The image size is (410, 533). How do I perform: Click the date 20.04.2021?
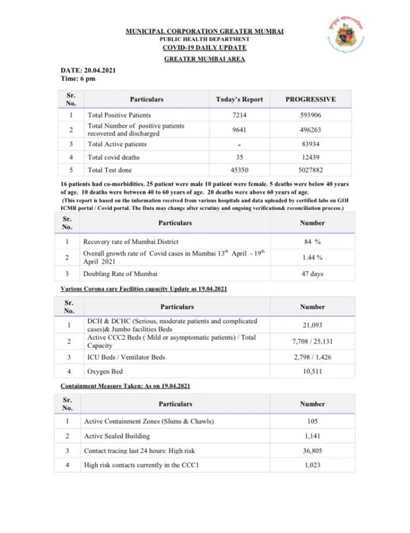[94, 70]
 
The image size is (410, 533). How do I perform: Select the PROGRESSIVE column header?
[311, 99]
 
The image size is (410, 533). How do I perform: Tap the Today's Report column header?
[239, 99]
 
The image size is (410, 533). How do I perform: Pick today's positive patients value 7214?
[239, 115]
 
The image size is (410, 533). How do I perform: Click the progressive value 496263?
[311, 130]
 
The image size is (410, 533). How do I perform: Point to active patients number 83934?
[311, 144]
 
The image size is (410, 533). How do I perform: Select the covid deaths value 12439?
[311, 158]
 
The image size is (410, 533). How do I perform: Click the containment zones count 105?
[313, 421]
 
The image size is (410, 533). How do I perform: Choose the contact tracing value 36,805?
[313, 450]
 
